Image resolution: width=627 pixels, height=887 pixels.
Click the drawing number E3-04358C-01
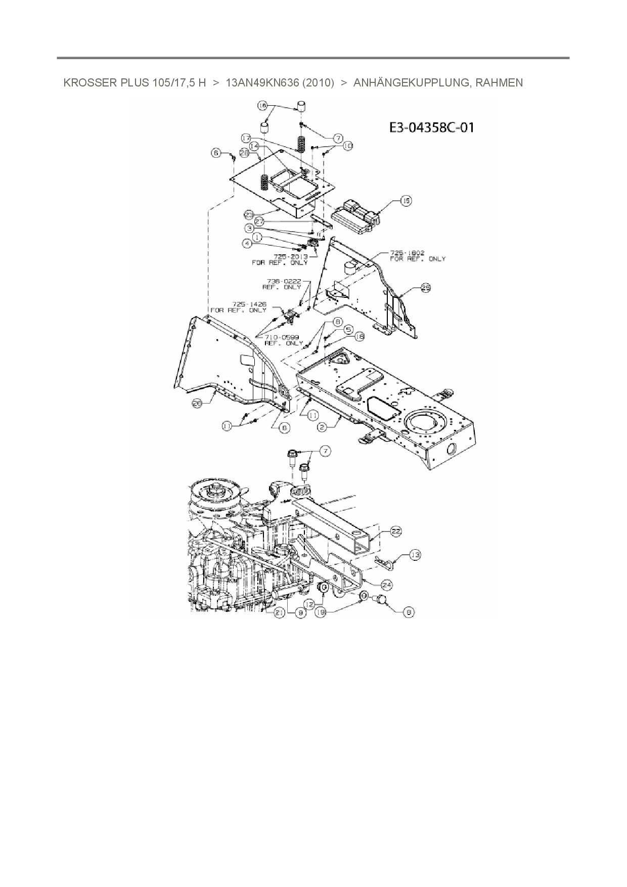[431, 127]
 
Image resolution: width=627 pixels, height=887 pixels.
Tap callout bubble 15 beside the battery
[406, 201]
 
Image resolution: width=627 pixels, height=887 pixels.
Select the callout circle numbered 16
[262, 106]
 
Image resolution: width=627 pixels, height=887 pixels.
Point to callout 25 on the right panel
[426, 288]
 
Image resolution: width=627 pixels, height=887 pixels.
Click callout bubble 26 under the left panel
[197, 403]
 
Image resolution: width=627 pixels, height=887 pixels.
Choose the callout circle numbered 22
[396, 531]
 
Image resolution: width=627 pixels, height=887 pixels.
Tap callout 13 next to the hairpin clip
[415, 555]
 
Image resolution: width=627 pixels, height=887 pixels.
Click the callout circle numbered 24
[387, 585]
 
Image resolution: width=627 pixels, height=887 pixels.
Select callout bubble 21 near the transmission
[279, 612]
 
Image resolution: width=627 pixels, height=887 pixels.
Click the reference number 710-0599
[283, 337]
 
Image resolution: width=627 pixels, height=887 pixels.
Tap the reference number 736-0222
[284, 281]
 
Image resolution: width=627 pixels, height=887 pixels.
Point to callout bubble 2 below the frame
[322, 427]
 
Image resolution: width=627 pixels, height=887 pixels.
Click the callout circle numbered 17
[246, 138]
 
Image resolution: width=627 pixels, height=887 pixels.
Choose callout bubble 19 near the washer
[320, 612]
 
